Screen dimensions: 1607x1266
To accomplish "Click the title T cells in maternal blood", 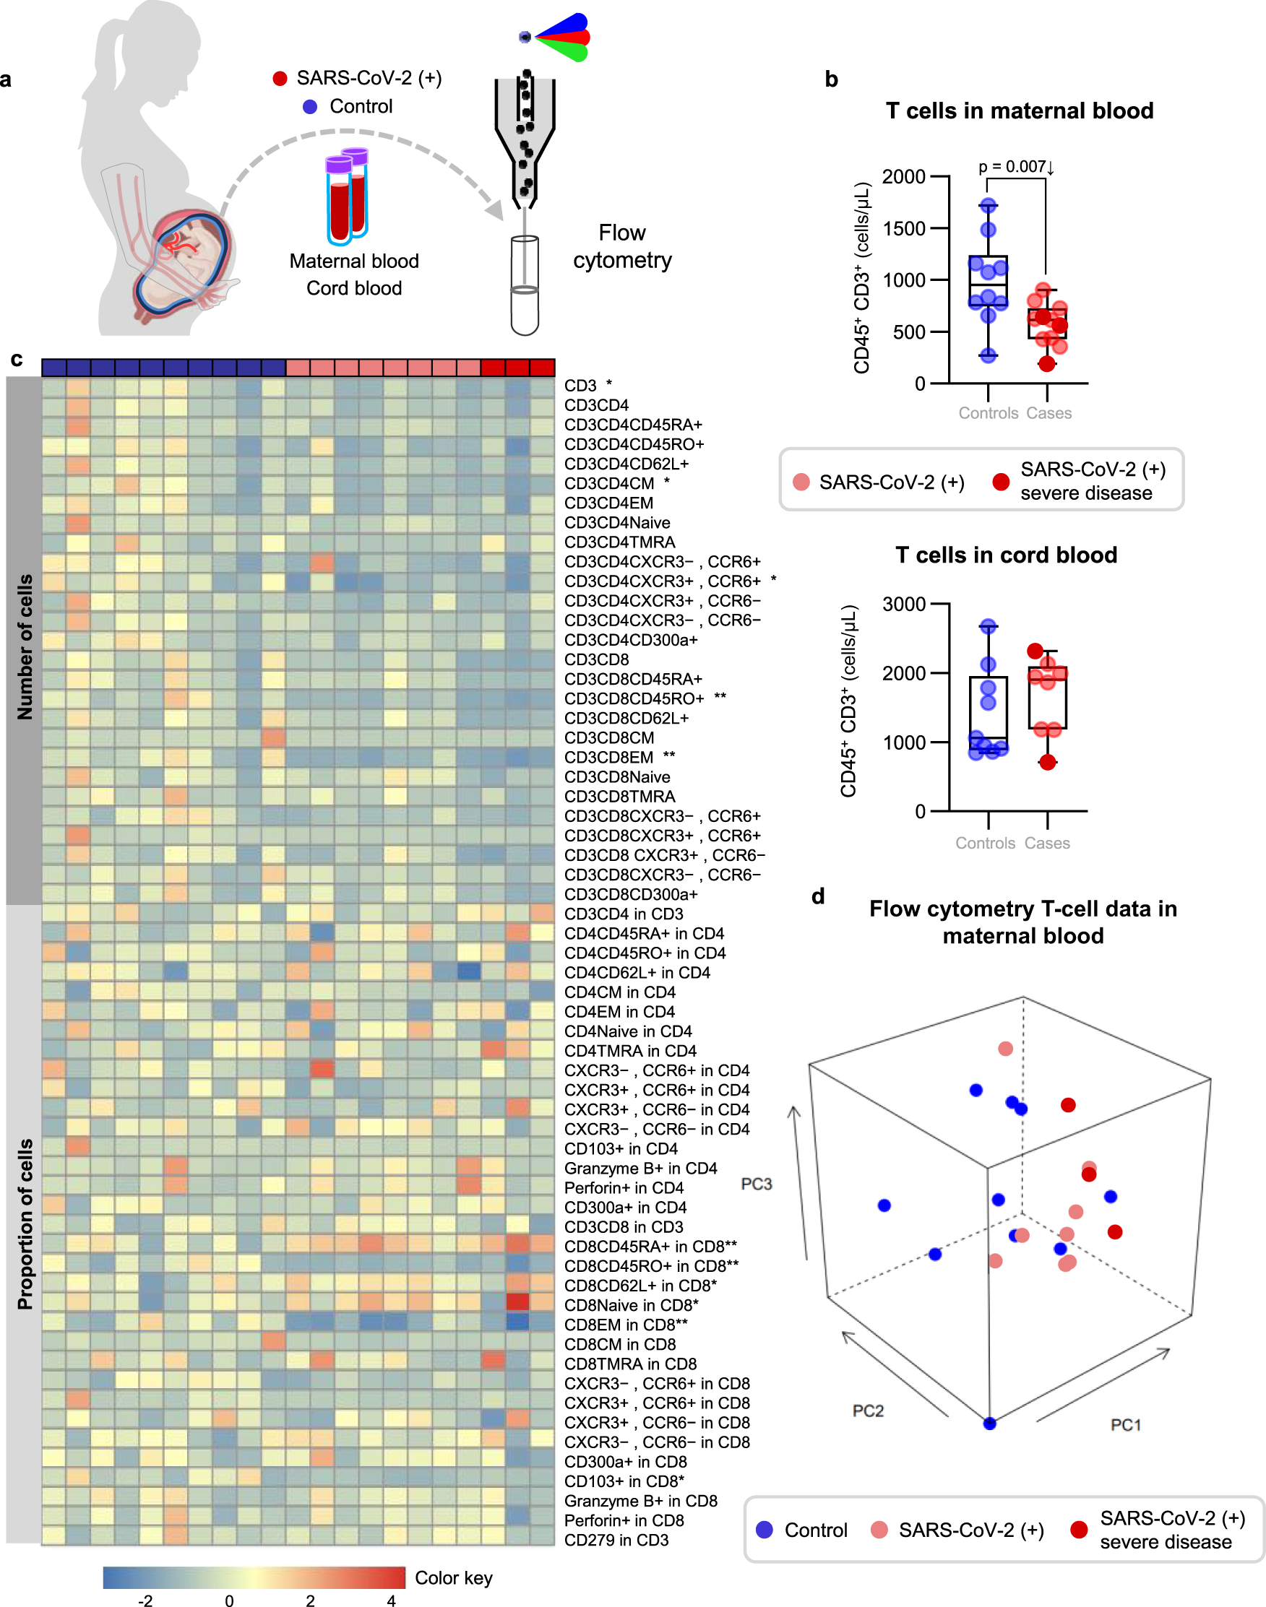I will (x=1019, y=111).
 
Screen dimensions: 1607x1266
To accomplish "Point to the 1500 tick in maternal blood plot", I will (x=903, y=228).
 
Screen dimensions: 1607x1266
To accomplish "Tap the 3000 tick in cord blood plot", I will (x=903, y=604).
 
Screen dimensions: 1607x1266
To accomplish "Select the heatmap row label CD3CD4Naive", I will (x=616, y=522).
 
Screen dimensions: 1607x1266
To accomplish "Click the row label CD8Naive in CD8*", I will (x=631, y=1304).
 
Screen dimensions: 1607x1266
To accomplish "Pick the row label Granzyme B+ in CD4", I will (x=640, y=1168).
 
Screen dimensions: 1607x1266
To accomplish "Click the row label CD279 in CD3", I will (x=616, y=1540).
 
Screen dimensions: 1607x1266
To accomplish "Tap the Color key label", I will (x=454, y=1577).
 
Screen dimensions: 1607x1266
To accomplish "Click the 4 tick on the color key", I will (x=391, y=1600).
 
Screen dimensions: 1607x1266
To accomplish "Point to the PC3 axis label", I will (x=756, y=1184).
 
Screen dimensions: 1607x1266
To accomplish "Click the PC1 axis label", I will (x=1125, y=1425).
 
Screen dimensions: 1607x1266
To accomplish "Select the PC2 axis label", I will (x=868, y=1411).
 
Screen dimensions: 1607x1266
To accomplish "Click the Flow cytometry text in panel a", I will (x=622, y=246).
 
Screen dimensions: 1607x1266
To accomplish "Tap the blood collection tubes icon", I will (x=347, y=196).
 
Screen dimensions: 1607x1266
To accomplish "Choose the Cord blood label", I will (x=354, y=288).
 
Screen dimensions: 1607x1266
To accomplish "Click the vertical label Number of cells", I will (x=25, y=646).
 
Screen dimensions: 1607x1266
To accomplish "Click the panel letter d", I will (x=817, y=896).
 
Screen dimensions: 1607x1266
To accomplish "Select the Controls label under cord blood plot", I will (x=984, y=843).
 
